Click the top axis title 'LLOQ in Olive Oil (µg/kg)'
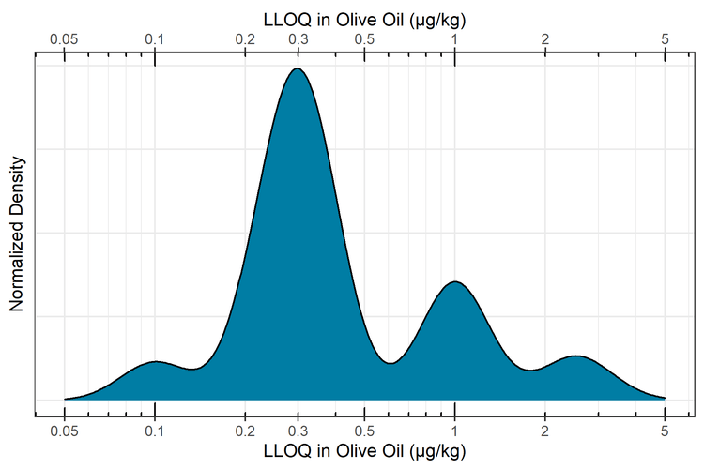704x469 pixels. point(364,16)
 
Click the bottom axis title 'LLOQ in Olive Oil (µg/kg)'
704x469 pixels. point(364,451)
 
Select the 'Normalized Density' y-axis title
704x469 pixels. point(16,233)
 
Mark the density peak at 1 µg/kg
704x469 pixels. point(455,281)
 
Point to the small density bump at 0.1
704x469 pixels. point(155,361)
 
